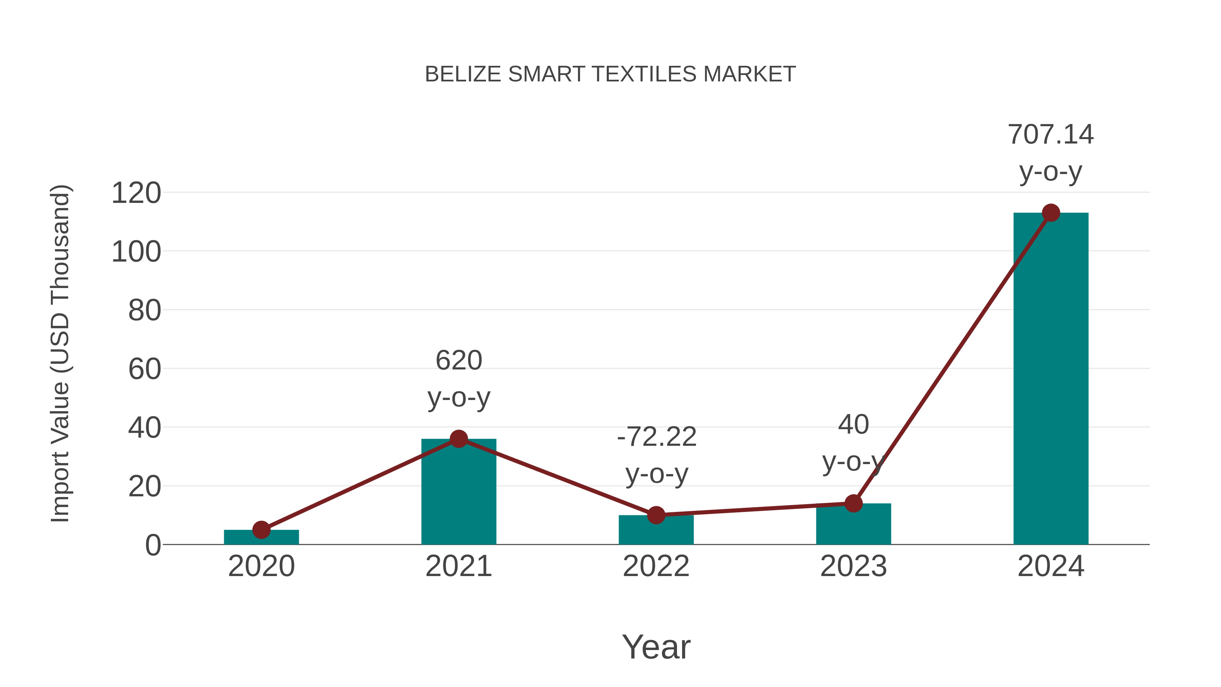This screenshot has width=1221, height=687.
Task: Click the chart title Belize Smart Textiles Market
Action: pyautogui.click(x=610, y=74)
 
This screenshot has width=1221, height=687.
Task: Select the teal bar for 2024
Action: pyautogui.click(x=1050, y=379)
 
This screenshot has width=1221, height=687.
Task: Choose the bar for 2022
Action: pyautogui.click(x=656, y=531)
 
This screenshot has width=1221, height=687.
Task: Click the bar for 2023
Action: pyautogui.click(x=853, y=525)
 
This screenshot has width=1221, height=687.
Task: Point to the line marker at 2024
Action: pyautogui.click(x=1051, y=213)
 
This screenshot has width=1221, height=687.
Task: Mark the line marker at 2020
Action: pyautogui.click(x=261, y=530)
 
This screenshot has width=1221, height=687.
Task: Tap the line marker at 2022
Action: pyautogui.click(x=656, y=515)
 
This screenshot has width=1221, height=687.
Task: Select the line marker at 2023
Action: pyautogui.click(x=853, y=503)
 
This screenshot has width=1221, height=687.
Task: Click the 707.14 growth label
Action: pyautogui.click(x=1050, y=135)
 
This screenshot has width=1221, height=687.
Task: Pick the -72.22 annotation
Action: pyautogui.click(x=657, y=437)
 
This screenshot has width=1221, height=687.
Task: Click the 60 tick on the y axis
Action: pyautogui.click(x=144, y=369)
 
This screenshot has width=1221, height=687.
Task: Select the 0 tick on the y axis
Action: pyautogui.click(x=153, y=545)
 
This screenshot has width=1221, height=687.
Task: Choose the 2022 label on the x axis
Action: pyautogui.click(x=656, y=566)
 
